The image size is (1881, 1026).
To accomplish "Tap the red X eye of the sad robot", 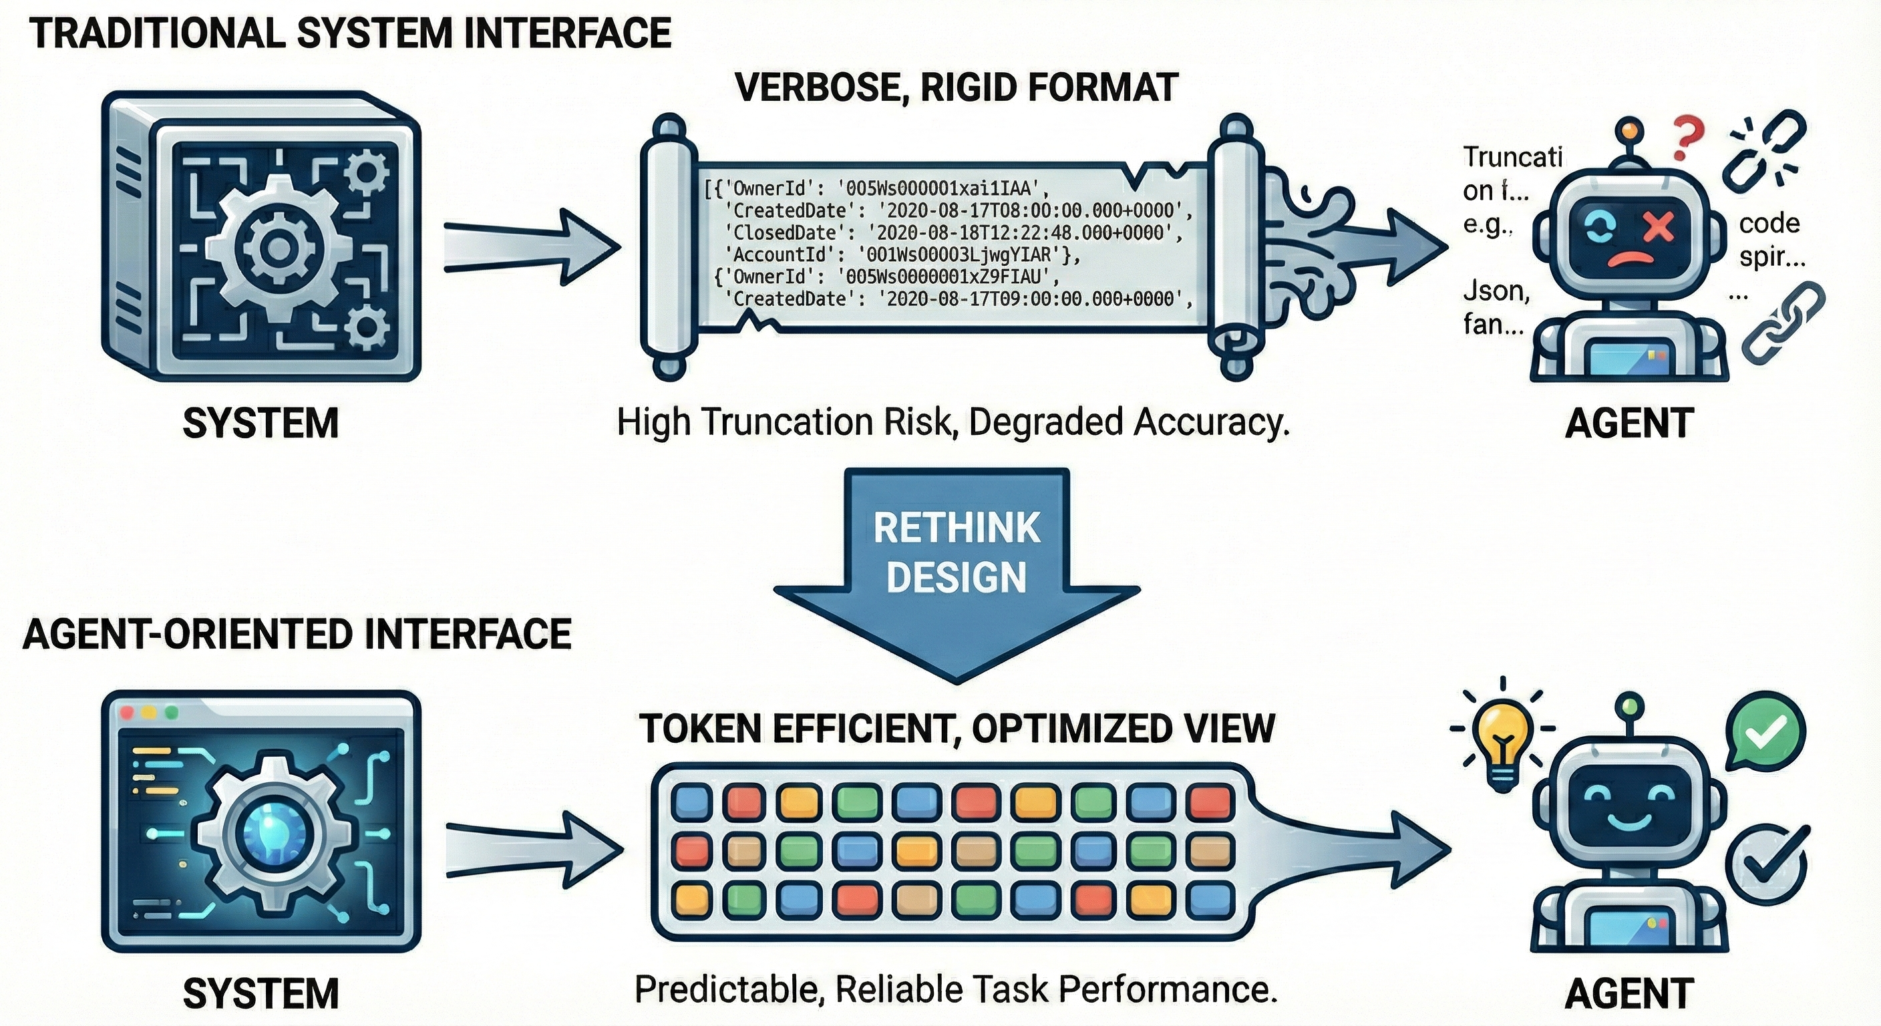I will (1659, 227).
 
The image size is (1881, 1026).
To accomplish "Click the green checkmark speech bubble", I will (1765, 731).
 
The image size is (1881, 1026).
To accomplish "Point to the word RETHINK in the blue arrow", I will (957, 528).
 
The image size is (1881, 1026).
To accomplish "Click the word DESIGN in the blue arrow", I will (957, 577).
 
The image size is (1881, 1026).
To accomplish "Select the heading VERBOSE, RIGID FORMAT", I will (957, 88).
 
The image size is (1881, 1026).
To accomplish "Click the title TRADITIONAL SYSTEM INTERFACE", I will (351, 34).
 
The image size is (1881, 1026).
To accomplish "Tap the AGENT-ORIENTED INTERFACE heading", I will (297, 634).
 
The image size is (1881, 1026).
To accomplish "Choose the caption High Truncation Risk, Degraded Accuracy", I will (953, 423).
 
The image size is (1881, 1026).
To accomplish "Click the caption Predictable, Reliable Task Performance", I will (956, 990).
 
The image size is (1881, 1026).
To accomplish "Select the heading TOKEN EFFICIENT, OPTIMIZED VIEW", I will (957, 729).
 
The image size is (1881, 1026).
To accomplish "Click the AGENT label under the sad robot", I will (1629, 423).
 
